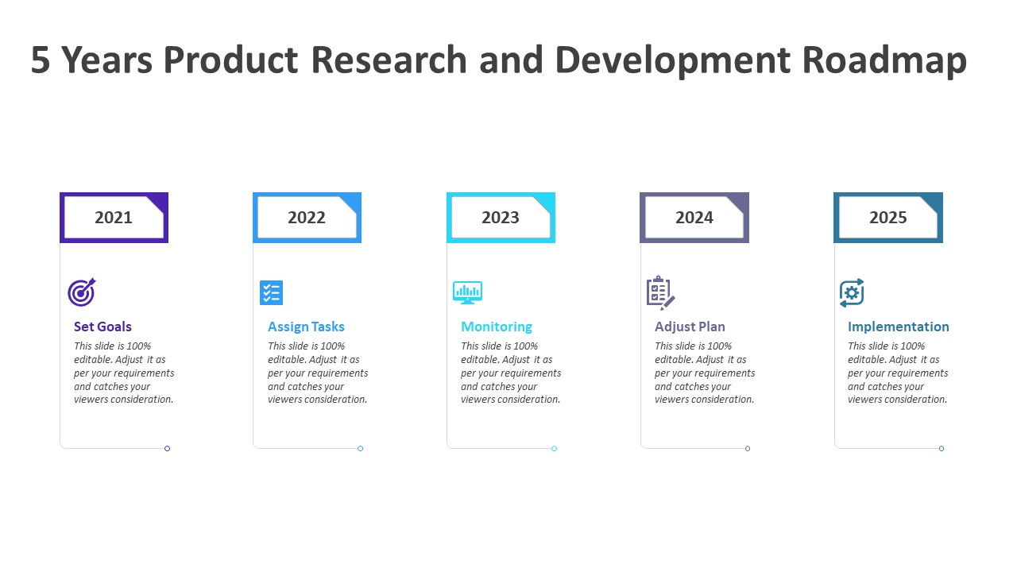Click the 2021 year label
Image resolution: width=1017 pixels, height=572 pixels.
(114, 218)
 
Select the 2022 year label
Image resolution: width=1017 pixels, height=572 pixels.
(307, 218)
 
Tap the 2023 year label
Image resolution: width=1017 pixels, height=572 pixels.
(501, 218)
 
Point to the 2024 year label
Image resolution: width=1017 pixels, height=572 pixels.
(694, 218)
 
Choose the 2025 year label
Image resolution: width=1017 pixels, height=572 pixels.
(888, 218)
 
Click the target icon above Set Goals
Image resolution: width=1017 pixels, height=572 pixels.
(82, 292)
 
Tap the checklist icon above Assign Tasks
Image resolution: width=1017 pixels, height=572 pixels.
(272, 293)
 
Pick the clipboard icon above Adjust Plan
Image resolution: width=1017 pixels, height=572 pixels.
(660, 293)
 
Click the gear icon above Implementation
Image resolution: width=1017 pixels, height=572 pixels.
(852, 293)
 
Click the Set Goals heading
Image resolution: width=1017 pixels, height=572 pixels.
(102, 327)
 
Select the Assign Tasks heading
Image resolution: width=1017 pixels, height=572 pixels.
(306, 327)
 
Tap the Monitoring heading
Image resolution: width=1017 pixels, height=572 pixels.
(497, 327)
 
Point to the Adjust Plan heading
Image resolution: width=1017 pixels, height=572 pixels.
(690, 327)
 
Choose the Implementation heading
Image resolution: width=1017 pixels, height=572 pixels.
(899, 327)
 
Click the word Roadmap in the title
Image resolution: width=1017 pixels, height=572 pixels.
(884, 60)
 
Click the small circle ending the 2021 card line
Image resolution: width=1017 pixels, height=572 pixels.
(167, 449)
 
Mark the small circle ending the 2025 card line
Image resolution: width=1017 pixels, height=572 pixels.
(942, 449)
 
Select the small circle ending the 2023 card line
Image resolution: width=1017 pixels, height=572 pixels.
(554, 449)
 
